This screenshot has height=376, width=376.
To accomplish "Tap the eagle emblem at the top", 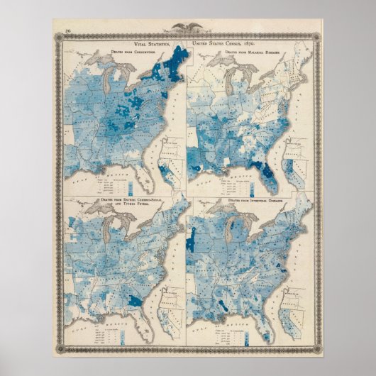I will point(188,29).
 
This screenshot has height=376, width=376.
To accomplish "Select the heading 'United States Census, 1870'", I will point(228,43).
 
